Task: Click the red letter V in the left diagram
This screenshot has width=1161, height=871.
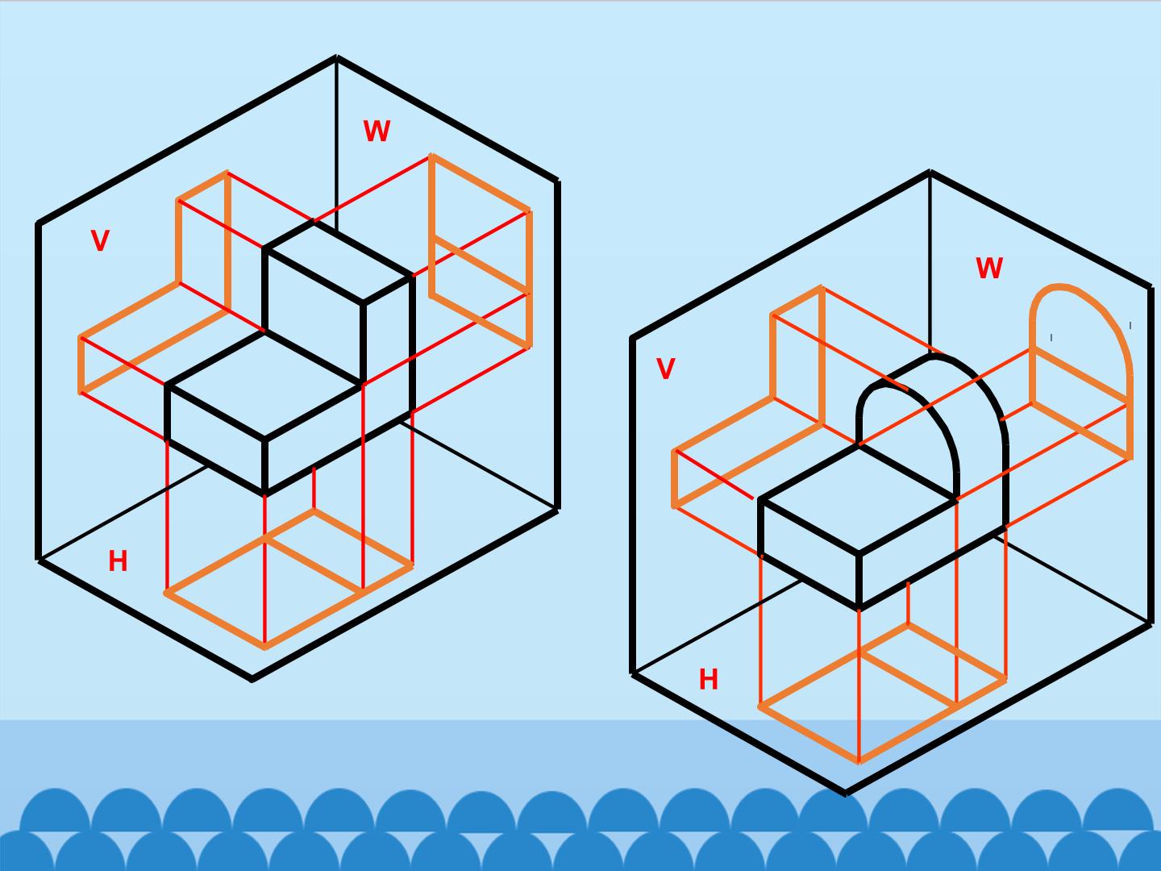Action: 100,240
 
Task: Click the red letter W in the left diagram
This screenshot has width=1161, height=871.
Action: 377,131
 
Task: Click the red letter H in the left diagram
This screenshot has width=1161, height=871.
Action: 118,561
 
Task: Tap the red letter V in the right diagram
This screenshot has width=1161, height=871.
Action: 665,369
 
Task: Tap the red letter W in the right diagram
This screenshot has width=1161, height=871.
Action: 989,268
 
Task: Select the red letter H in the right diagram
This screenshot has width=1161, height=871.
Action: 709,679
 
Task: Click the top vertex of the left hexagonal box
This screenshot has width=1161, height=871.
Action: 336,57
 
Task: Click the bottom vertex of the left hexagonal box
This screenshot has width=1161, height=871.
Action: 252,680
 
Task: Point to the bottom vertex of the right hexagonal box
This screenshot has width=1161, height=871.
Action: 845,794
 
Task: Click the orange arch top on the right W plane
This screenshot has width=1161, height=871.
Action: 1058,286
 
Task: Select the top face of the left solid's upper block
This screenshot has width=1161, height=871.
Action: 338,262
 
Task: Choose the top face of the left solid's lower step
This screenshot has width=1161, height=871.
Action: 264,385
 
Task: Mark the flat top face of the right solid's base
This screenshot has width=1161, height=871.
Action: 857,499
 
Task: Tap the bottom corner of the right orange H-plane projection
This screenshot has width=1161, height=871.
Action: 859,761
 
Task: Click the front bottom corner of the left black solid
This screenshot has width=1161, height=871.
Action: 265,494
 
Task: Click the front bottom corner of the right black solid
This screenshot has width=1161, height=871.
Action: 859,608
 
